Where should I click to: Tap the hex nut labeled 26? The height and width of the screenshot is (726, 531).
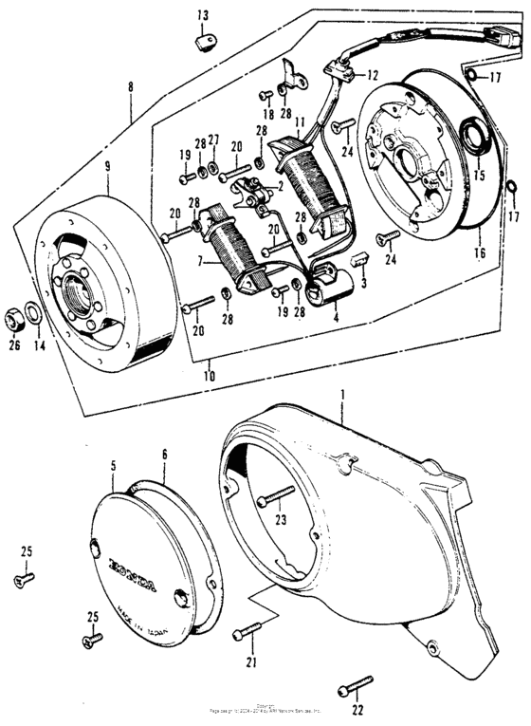[16, 312]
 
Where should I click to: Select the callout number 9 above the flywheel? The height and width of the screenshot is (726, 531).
[107, 167]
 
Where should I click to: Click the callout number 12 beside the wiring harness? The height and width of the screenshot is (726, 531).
[372, 75]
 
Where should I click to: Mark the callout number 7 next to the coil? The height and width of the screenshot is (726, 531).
[200, 260]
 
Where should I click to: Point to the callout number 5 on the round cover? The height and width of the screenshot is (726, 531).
[114, 466]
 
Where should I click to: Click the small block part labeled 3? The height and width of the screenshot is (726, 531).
[360, 259]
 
